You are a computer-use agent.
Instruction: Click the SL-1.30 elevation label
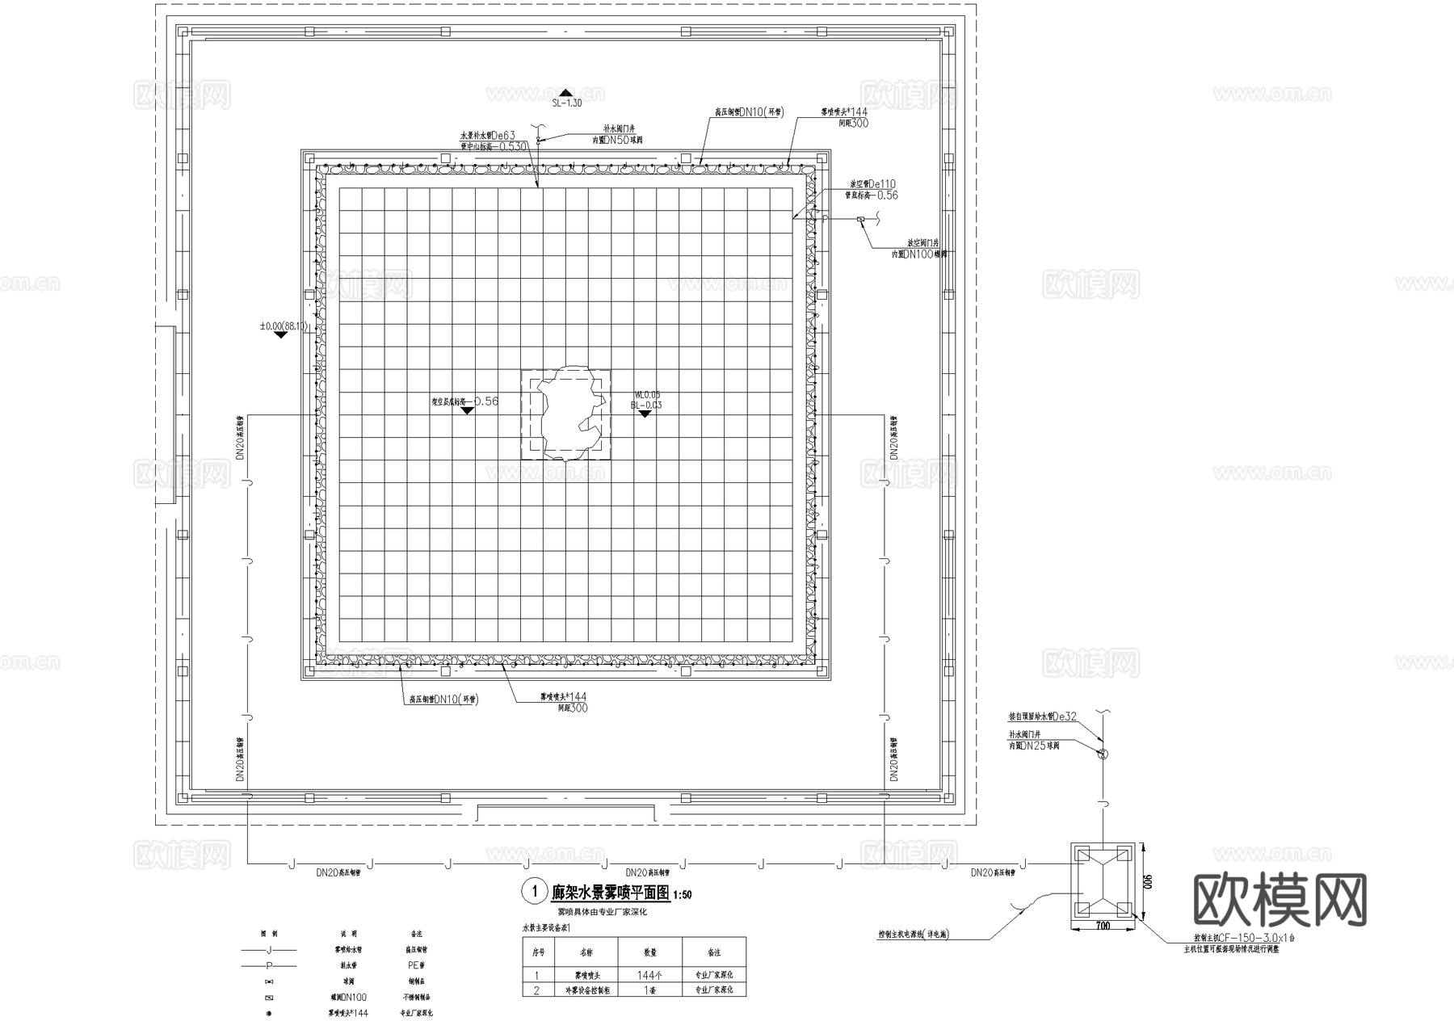click(566, 103)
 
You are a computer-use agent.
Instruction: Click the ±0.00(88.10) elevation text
click(284, 326)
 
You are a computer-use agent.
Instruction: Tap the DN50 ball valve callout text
click(618, 140)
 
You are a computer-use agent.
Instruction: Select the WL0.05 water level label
click(647, 395)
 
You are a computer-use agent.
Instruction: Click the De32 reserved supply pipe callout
click(1043, 716)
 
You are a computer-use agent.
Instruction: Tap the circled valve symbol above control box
click(1103, 754)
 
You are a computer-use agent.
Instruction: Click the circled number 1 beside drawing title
click(533, 892)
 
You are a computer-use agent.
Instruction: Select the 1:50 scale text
click(682, 895)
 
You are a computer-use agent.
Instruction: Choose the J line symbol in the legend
click(269, 950)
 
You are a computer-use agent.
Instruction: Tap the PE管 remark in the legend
click(416, 965)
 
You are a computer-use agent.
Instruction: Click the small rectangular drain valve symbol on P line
click(861, 219)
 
